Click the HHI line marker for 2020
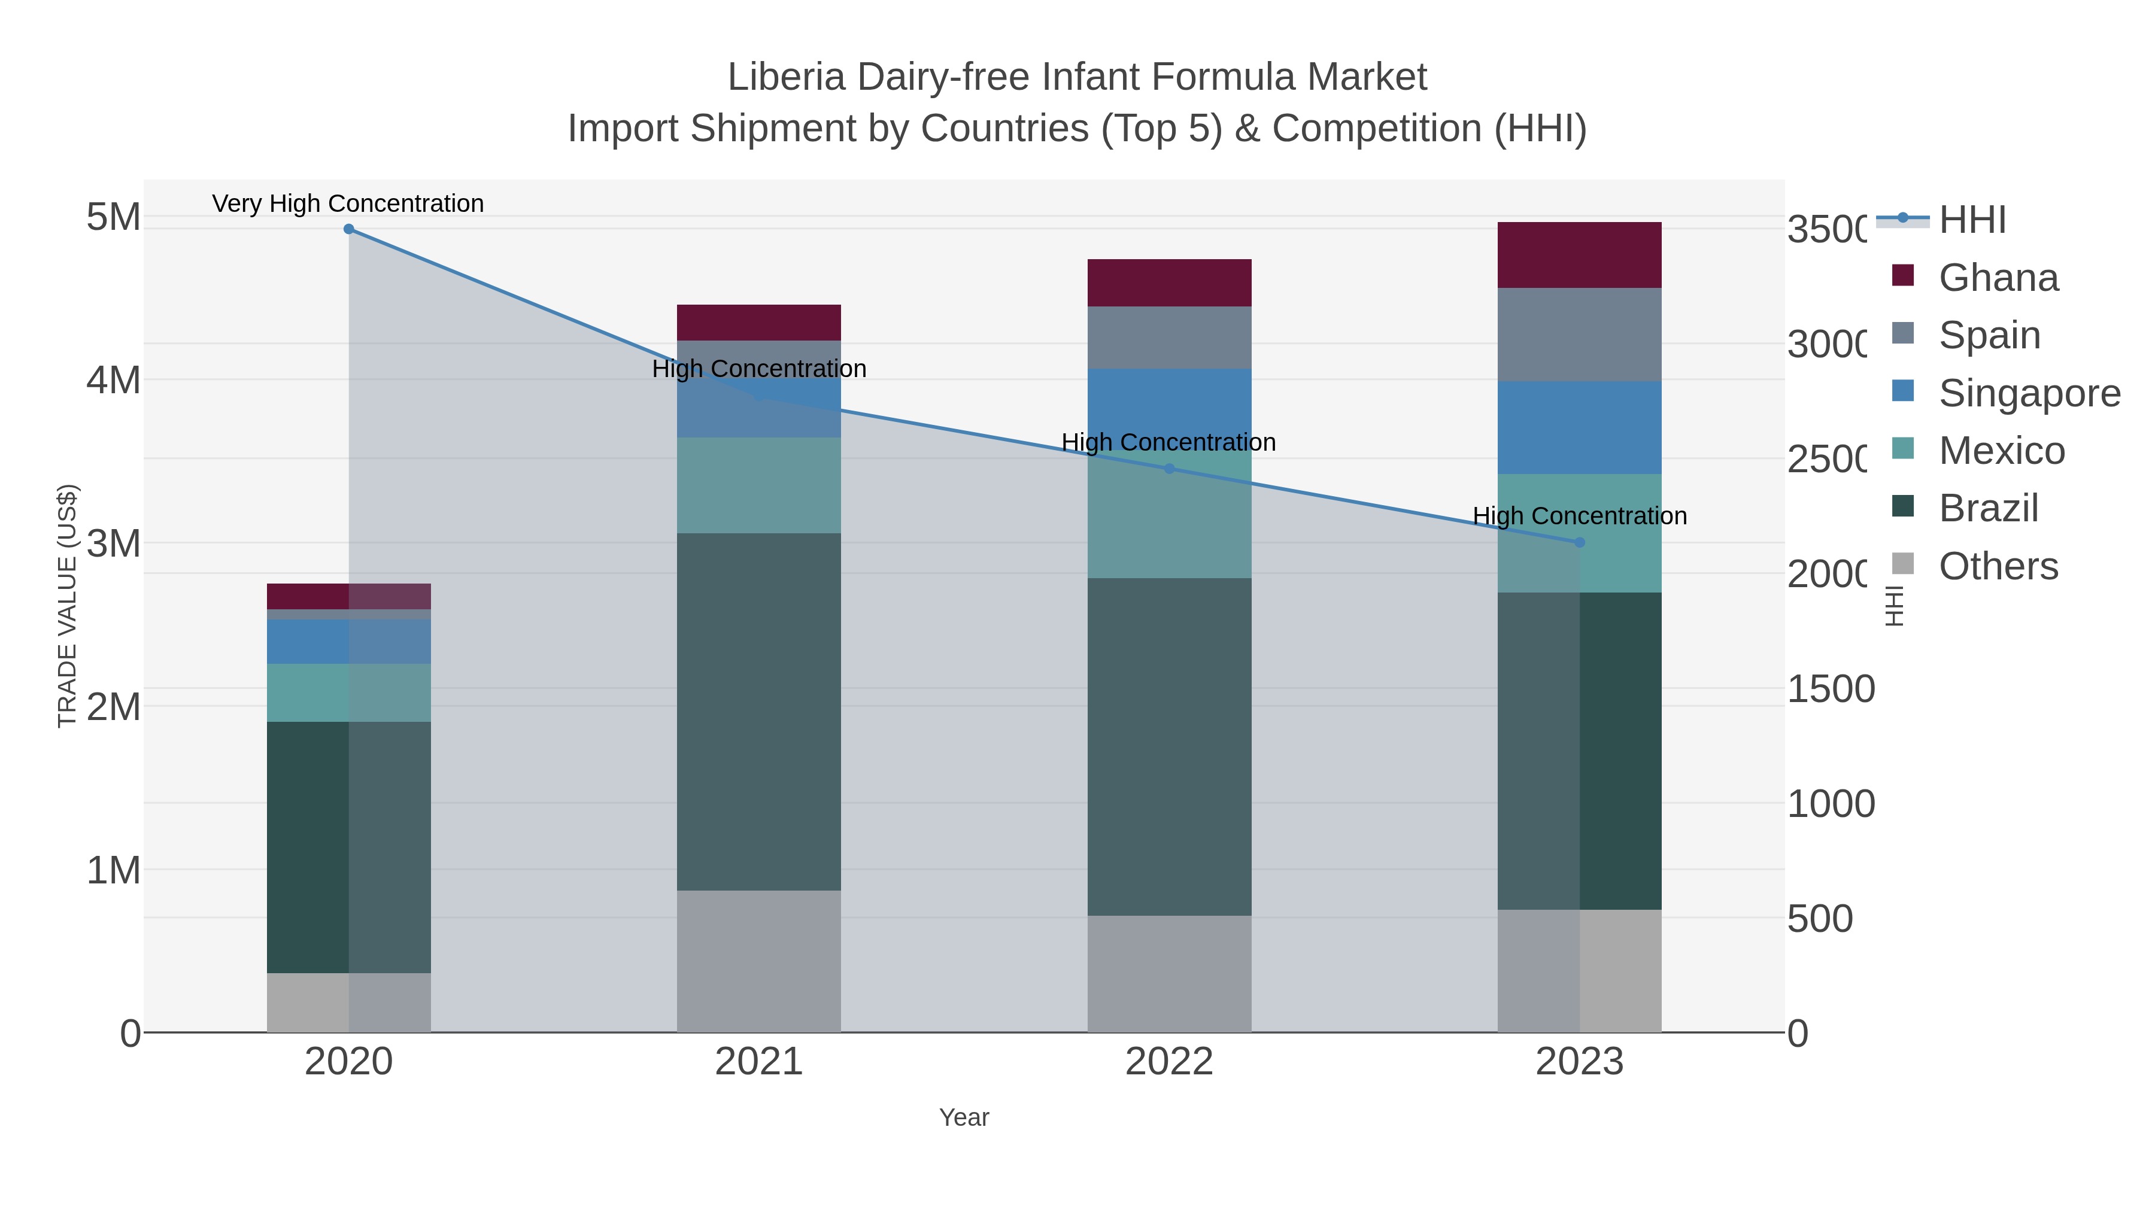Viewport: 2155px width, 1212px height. (349, 229)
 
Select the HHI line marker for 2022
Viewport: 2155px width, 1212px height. (1170, 469)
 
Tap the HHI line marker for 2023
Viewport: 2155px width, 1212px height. (1580, 543)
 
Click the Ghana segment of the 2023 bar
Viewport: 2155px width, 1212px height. (1580, 255)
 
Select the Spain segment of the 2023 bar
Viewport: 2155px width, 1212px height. (1580, 335)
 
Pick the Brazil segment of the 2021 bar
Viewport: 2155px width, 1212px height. (759, 711)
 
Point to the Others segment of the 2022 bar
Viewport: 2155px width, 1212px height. (1170, 974)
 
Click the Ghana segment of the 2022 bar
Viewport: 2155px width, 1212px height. (1170, 283)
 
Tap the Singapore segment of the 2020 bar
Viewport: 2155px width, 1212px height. (349, 642)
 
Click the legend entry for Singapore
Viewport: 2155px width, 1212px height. (2029, 393)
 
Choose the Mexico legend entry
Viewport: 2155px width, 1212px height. (2001, 451)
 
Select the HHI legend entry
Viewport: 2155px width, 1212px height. (1972, 220)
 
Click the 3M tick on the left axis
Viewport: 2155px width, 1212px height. (114, 543)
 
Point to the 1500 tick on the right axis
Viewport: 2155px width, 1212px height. (1831, 689)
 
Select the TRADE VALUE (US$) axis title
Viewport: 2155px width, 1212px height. (67, 606)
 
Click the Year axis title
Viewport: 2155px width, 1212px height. (964, 1117)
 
